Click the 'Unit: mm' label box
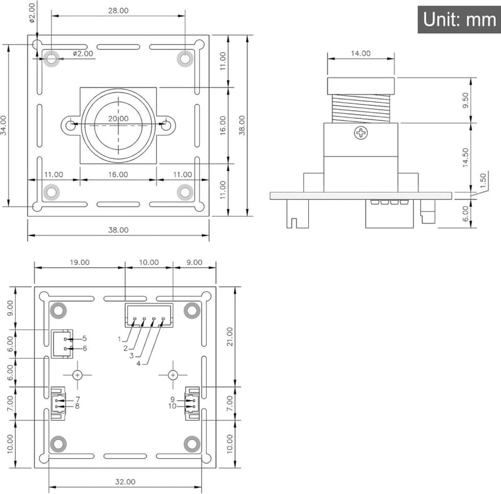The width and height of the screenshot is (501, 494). pos(459,19)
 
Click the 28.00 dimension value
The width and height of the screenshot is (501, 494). pos(118,11)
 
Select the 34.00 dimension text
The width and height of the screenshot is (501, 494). pos(4,125)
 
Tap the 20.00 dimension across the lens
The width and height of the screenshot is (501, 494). pos(118,119)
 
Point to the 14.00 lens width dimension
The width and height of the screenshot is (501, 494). pos(361,53)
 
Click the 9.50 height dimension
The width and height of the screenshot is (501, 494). pos(465,100)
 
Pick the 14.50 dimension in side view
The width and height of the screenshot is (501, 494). pos(465,158)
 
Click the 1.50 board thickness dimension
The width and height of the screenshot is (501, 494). pos(483,180)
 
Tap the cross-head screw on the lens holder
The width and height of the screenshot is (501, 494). pos(361,133)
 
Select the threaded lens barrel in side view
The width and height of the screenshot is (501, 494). pos(361,109)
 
